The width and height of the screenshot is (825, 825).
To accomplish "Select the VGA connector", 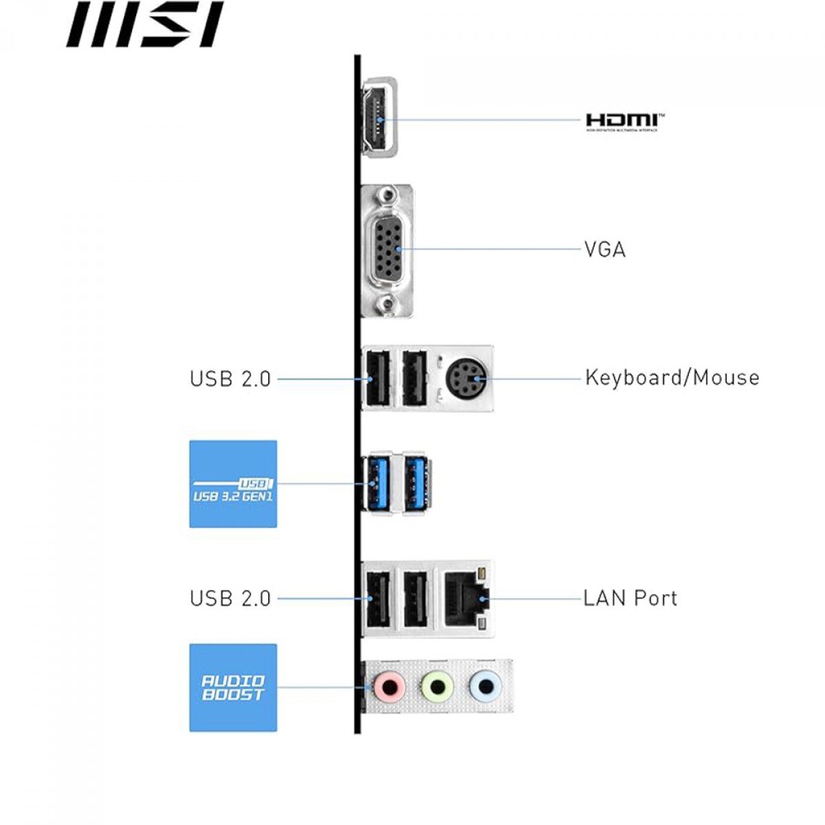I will (x=389, y=250).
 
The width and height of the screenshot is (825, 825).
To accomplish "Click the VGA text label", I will (x=605, y=249).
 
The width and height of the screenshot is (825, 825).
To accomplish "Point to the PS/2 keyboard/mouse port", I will (x=466, y=377).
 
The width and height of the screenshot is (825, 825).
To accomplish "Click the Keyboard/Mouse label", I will (x=672, y=377).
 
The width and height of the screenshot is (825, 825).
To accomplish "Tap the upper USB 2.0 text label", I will (x=230, y=379).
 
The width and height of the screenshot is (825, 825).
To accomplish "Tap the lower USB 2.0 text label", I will (x=230, y=598).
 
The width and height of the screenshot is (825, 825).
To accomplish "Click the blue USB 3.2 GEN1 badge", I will (x=233, y=484).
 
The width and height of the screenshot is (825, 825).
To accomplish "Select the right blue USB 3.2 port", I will (x=417, y=483).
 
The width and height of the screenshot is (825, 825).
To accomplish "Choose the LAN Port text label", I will (x=630, y=598).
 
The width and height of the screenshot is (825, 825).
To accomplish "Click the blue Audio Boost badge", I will (x=233, y=687).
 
